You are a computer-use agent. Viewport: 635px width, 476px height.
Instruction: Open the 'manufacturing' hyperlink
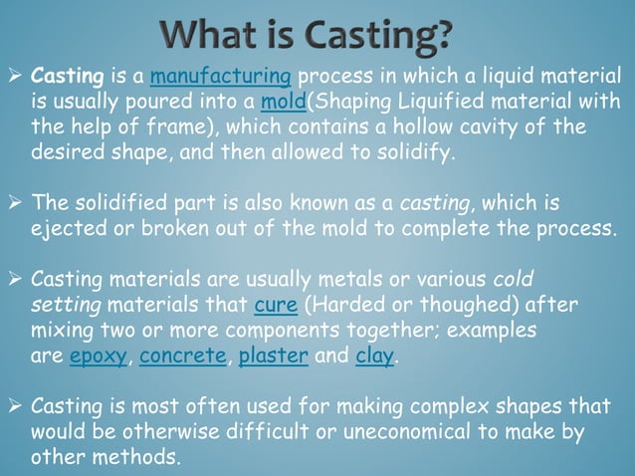tap(220, 77)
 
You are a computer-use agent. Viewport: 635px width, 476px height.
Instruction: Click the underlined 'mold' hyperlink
tap(283, 103)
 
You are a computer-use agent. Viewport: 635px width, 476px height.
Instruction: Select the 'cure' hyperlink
tap(274, 303)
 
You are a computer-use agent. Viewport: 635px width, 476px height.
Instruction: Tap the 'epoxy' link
tap(99, 357)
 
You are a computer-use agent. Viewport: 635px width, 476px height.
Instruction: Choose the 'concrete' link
tap(183, 357)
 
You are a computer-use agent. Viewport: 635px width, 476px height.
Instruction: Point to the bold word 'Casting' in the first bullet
tap(66, 77)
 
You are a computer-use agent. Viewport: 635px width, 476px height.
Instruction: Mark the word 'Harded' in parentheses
tap(341, 303)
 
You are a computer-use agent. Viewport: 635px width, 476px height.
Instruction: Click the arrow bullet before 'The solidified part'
tap(18, 204)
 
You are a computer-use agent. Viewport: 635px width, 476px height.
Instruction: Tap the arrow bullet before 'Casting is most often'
tap(18, 406)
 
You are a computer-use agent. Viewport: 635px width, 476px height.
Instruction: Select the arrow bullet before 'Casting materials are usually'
tap(18, 278)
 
